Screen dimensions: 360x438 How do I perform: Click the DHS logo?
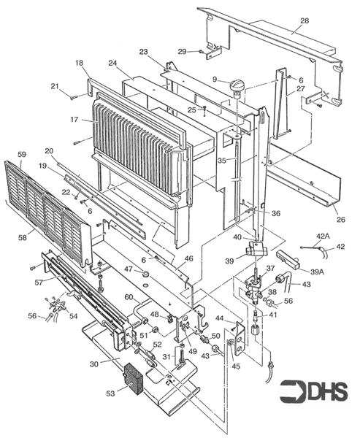[x=314, y=391]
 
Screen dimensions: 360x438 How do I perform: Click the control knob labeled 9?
[x=237, y=85]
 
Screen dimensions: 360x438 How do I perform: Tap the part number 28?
[x=305, y=20]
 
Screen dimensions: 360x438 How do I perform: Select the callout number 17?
[x=74, y=120]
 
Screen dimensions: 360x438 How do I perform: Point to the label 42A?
[x=323, y=237]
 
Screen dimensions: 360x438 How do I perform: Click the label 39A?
[x=317, y=272]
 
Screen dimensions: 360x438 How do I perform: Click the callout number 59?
[x=21, y=154]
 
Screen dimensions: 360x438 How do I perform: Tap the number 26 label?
[x=341, y=219]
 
